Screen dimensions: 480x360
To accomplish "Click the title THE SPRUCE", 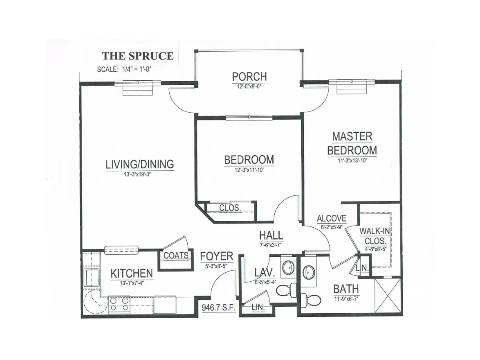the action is (138, 56).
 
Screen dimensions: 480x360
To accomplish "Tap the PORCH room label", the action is (249, 76).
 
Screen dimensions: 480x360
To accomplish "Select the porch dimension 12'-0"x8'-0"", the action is (249, 86).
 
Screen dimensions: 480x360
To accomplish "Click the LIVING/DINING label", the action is (140, 164).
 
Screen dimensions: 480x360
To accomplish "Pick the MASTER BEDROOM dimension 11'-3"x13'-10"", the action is (352, 161).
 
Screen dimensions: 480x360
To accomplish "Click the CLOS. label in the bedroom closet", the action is (230, 208).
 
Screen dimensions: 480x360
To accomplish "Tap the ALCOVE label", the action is (332, 218).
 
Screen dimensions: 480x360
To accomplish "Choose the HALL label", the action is (271, 236).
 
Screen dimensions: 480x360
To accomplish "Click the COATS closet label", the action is (176, 255).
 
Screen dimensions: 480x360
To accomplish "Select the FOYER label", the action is (217, 256).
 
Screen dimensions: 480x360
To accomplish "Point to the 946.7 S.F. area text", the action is (218, 308).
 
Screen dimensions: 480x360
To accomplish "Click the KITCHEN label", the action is (132, 273).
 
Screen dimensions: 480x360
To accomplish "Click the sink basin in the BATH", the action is (308, 272).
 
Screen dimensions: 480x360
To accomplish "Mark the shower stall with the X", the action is (388, 295).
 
